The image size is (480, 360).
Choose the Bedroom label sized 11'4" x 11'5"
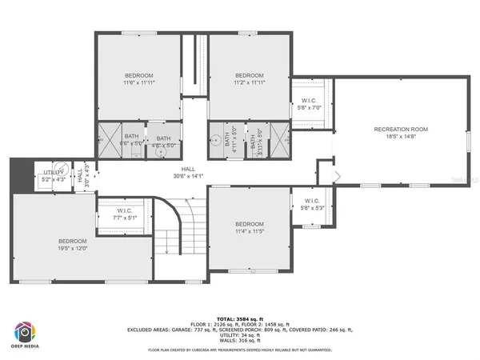249,223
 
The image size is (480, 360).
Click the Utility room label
54,172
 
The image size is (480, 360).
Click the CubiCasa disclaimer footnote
240,350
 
